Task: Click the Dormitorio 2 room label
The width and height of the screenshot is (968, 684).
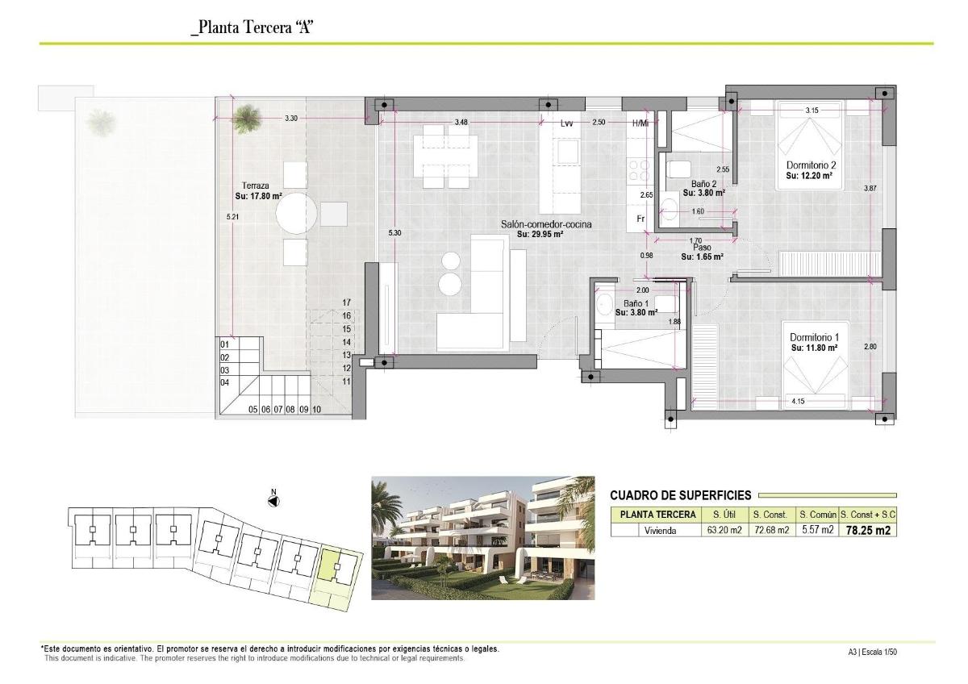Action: click(x=809, y=165)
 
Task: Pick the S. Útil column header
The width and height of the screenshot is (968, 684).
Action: click(x=722, y=515)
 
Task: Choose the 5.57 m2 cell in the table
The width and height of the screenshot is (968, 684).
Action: click(x=816, y=531)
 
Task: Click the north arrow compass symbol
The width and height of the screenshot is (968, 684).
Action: click(x=273, y=501)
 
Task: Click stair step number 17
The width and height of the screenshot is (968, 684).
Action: click(x=346, y=302)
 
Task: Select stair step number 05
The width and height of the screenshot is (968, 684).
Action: click(x=252, y=410)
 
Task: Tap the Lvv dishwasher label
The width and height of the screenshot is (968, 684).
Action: click(x=568, y=123)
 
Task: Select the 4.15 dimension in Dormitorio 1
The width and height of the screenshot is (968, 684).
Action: click(x=799, y=402)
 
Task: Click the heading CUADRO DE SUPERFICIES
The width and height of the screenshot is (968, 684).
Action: click(x=680, y=495)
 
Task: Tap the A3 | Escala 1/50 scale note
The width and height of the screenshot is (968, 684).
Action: click(x=872, y=653)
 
